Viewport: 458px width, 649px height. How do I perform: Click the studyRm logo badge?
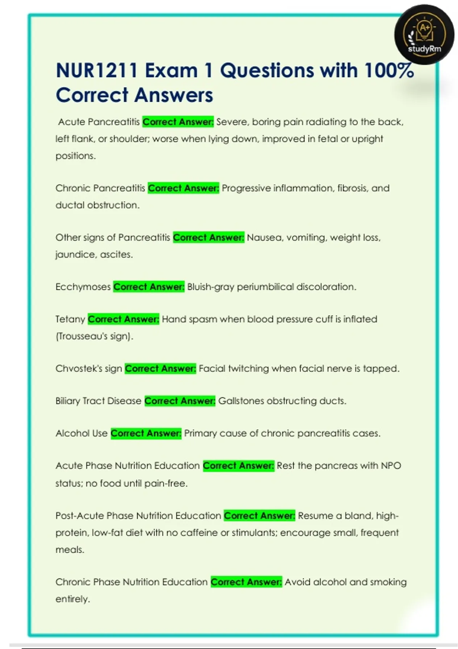tap(424, 35)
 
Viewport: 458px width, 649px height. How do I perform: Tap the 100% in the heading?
tap(389, 71)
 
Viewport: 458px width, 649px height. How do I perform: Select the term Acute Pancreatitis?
tap(99, 122)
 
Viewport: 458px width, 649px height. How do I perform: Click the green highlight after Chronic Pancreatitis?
tap(183, 188)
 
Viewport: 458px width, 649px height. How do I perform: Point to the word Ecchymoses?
tap(83, 287)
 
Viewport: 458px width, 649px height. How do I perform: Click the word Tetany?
tap(70, 319)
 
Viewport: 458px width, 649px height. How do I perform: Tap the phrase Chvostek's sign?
tap(89, 368)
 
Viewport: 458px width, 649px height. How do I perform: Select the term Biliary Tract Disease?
tap(98, 401)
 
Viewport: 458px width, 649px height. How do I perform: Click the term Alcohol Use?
tap(81, 433)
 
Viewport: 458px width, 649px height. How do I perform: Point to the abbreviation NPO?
tap(391, 466)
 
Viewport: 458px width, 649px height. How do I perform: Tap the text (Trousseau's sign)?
tap(94, 336)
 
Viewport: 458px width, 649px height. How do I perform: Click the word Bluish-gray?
tap(210, 287)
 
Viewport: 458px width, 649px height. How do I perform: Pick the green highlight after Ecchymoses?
tap(149, 287)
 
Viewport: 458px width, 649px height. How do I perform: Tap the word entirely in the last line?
tap(73, 599)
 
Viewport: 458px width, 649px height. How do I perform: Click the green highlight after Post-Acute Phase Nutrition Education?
tap(259, 516)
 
